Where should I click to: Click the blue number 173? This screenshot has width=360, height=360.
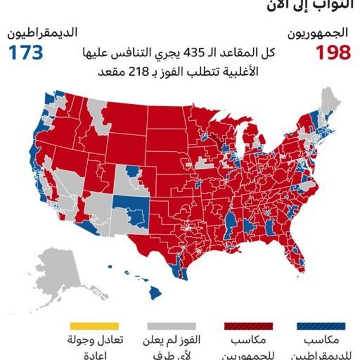(x=25, y=52)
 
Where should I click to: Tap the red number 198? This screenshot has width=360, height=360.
(x=333, y=52)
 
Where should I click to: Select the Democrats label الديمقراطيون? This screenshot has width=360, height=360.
(x=43, y=33)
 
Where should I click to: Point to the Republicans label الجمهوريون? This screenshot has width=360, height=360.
(x=321, y=33)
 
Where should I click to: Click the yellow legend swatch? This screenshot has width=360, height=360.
(x=94, y=326)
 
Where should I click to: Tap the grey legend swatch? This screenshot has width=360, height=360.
(x=171, y=326)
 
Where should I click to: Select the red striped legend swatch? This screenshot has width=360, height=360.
(x=249, y=326)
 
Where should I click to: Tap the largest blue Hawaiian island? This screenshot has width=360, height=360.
(x=156, y=293)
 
